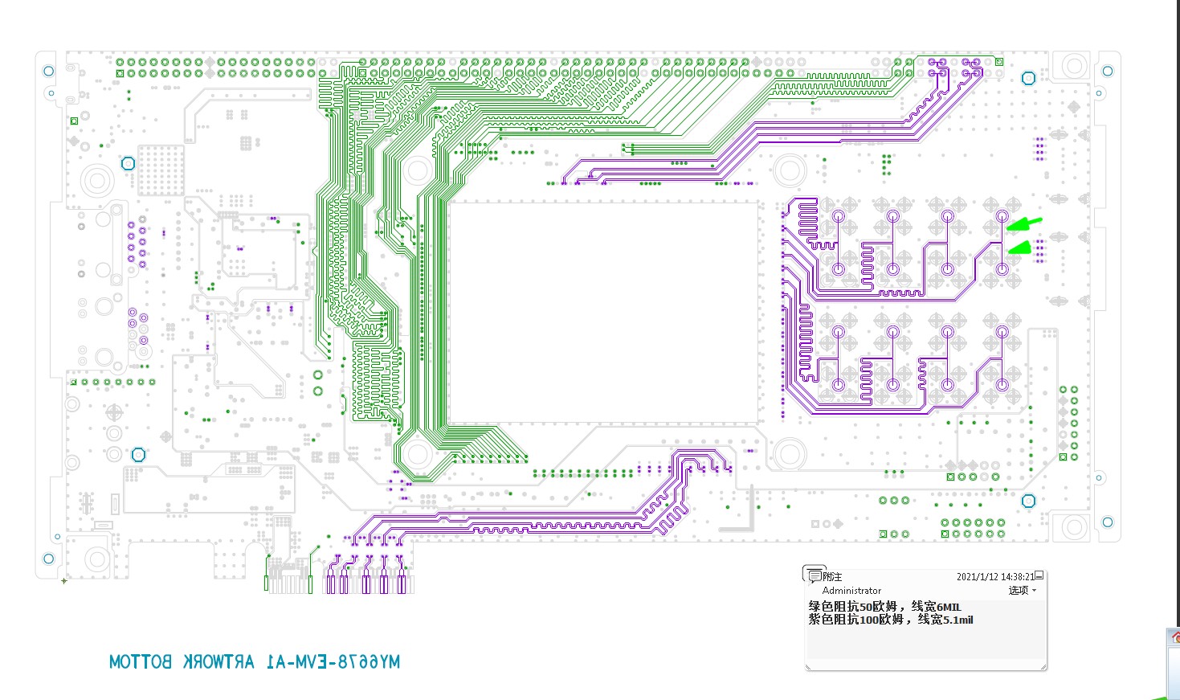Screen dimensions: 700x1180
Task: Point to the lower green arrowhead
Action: [x=1019, y=248]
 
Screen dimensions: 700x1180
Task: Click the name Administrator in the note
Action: [x=851, y=590]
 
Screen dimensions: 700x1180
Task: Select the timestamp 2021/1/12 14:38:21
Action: [x=995, y=576]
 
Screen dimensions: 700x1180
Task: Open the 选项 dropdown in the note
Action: [x=1022, y=590]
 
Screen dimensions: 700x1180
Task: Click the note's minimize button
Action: [x=1039, y=575]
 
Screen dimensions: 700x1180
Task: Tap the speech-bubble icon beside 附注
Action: [x=813, y=575]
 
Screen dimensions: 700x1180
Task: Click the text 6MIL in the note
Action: [x=949, y=607]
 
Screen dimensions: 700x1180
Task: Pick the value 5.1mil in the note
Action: [x=958, y=620]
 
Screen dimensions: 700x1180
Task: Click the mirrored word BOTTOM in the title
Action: [x=141, y=662]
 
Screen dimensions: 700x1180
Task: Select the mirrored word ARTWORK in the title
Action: [x=218, y=662]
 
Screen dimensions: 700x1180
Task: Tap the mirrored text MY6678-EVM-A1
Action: [x=333, y=662]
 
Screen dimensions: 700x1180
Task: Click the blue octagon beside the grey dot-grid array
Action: [x=128, y=164]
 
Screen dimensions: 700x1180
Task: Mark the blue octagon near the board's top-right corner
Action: [x=1028, y=78]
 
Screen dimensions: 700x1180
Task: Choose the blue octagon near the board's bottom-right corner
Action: [x=1028, y=501]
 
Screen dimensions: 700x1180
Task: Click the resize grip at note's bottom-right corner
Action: [x=1043, y=666]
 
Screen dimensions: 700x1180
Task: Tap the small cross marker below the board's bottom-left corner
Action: [x=64, y=581]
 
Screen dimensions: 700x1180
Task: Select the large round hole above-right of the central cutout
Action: [x=790, y=171]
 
